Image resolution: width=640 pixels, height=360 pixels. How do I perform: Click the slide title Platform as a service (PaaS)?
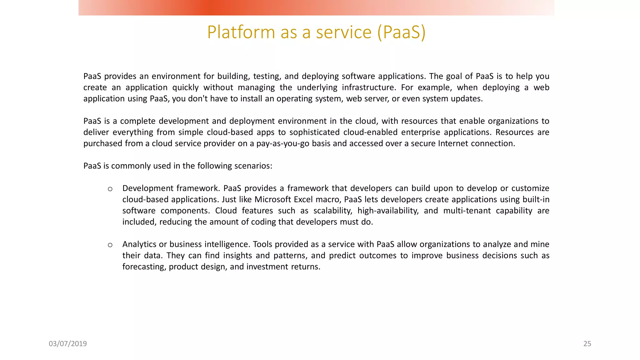(x=316, y=32)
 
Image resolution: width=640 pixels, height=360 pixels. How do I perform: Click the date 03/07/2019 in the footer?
(x=68, y=344)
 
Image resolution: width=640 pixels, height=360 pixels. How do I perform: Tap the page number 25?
(x=587, y=344)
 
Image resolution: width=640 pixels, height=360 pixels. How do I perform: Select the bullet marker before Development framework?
(x=110, y=189)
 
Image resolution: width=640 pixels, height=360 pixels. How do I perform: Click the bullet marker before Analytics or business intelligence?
(x=110, y=245)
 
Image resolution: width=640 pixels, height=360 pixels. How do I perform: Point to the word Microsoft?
(x=273, y=199)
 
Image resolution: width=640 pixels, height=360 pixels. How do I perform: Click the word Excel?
(x=303, y=199)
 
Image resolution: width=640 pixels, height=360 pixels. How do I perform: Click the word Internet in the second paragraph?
(x=453, y=143)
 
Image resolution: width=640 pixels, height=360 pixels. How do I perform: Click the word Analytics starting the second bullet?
(x=139, y=244)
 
